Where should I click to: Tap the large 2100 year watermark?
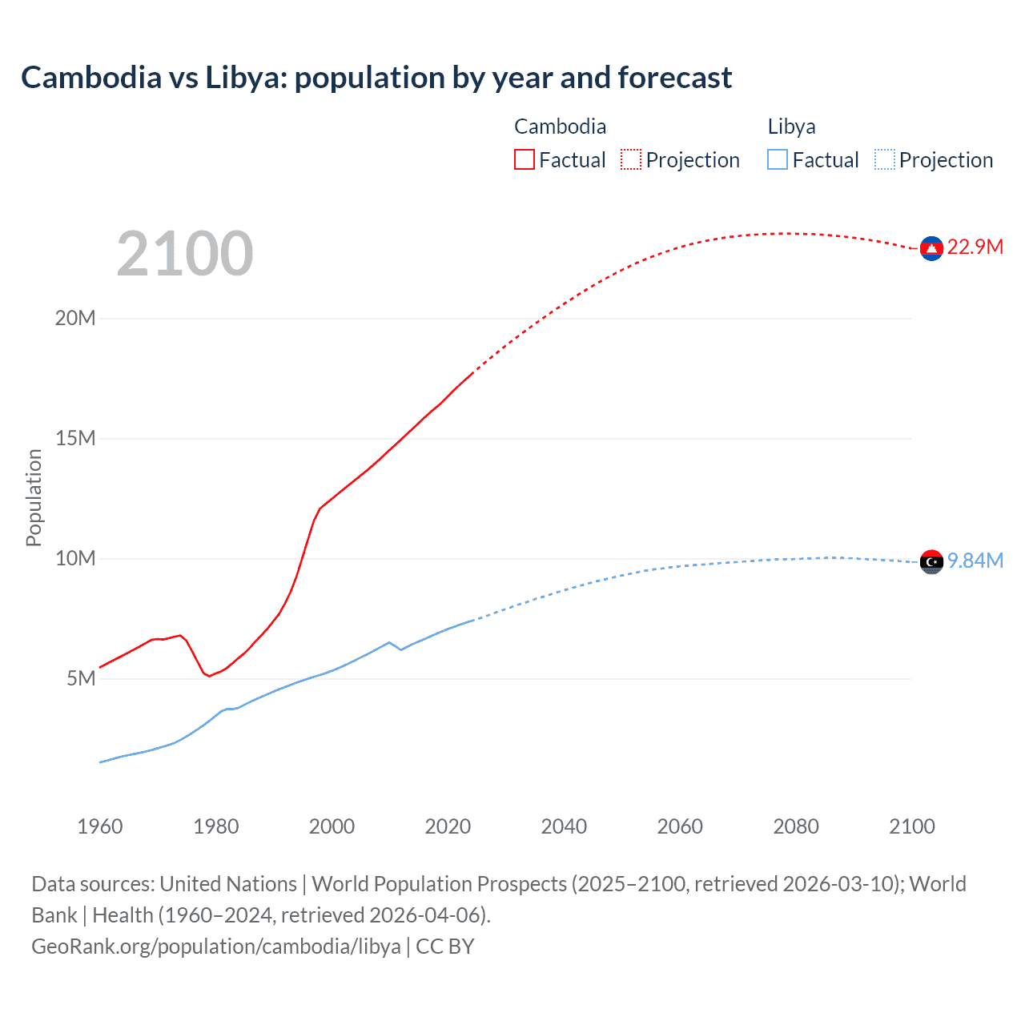pos(185,254)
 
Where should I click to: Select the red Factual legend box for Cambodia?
pos(524,159)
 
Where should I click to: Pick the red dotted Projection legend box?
pos(631,159)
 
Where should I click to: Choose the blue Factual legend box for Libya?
pos(778,159)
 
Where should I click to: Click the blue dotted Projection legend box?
pos(884,159)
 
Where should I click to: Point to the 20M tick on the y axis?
pos(75,318)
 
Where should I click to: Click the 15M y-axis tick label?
pos(75,438)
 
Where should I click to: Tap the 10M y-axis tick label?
pos(75,558)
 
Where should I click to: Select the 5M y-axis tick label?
pos(81,678)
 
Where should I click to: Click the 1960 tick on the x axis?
pos(100,826)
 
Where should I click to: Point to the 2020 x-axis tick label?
pos(448,826)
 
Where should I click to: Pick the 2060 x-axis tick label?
pos(680,826)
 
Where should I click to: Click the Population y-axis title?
pos(34,497)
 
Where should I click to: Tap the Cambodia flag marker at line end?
pos(931,249)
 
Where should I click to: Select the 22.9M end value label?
pos(975,247)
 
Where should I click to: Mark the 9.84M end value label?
pos(975,561)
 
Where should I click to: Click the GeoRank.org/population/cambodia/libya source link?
pos(216,947)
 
